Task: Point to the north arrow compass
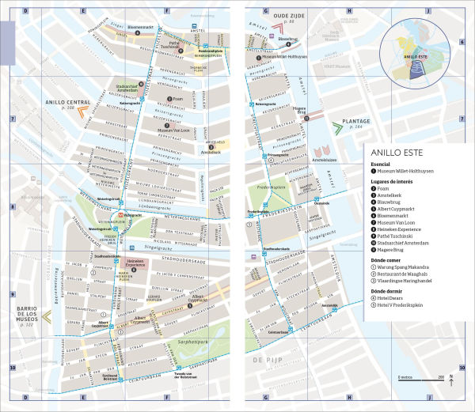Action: pos(450,380)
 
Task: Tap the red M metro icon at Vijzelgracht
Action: pos(120,215)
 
